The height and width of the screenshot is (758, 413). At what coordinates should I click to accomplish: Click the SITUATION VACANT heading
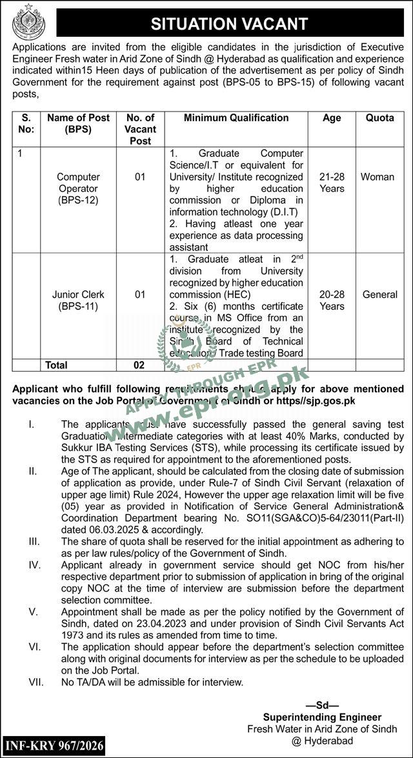tap(229, 25)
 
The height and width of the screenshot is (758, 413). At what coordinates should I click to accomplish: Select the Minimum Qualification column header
tap(236, 118)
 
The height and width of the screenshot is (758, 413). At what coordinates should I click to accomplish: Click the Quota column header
tap(380, 118)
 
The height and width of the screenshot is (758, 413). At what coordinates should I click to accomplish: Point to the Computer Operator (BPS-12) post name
tap(78, 188)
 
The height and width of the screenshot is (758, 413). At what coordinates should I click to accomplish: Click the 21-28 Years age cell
tap(332, 183)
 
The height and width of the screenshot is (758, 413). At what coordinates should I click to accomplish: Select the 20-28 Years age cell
tap(332, 300)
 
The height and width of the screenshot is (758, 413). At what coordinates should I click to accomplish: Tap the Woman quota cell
tap(378, 177)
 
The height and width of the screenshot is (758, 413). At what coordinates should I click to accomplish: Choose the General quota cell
tap(379, 294)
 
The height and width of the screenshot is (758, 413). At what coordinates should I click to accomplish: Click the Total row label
tap(56, 365)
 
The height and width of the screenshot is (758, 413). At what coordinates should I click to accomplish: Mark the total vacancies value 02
tap(139, 365)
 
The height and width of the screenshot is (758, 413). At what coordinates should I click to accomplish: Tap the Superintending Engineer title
tap(322, 717)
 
